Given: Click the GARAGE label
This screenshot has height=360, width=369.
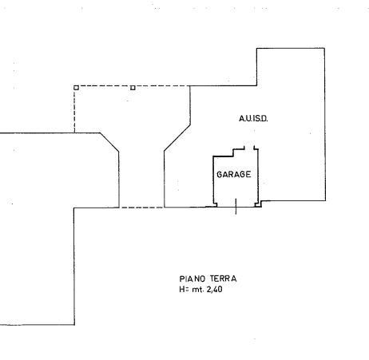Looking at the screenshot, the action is [x=234, y=174].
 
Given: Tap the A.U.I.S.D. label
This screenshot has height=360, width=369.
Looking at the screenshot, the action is [x=253, y=118].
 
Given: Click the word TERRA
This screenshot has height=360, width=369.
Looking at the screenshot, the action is [x=223, y=279].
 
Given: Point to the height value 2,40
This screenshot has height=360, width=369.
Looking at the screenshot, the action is [x=214, y=289].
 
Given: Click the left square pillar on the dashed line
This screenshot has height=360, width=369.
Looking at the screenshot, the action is [x=76, y=88].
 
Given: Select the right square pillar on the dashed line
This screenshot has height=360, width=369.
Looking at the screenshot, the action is [x=133, y=88].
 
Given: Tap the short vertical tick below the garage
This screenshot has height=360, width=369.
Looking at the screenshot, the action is [x=236, y=206].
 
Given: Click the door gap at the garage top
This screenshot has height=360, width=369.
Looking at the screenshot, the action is [x=249, y=148].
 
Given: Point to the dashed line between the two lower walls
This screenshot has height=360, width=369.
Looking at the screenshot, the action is [x=141, y=208].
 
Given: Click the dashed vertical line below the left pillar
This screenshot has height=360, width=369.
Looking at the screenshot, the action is [x=74, y=111].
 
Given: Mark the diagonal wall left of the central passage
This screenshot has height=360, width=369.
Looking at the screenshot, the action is [x=109, y=142].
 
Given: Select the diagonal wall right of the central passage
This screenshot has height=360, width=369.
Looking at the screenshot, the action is [x=177, y=138].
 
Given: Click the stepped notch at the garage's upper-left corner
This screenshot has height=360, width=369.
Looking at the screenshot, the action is [x=233, y=152].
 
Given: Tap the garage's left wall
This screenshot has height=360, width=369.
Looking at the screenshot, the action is [x=213, y=180].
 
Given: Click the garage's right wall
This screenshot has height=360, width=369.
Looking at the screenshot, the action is [x=258, y=176].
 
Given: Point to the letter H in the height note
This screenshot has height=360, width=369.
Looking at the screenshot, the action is [x=182, y=289].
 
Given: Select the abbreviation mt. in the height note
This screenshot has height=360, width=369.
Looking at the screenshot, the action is [x=198, y=290].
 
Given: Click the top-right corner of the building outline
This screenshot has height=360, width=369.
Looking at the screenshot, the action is [x=324, y=48].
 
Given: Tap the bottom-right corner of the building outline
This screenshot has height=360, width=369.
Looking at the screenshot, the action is [x=325, y=200].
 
